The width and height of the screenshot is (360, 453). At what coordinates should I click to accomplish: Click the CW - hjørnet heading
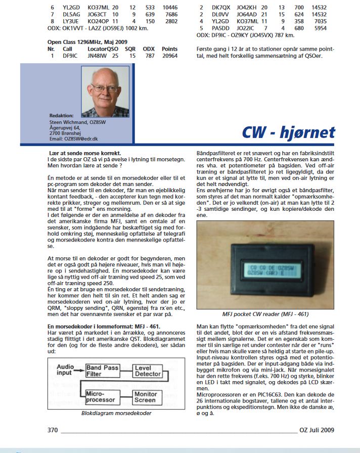[x=288, y=132]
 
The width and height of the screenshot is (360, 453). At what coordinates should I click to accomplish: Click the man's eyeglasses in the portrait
[x=105, y=88]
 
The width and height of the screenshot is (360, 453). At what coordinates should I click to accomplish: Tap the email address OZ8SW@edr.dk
[x=73, y=138]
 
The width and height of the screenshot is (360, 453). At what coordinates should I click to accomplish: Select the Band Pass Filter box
[x=102, y=371]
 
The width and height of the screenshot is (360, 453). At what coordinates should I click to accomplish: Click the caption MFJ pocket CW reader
[x=268, y=313]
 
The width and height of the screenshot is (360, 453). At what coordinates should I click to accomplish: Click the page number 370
[x=53, y=431]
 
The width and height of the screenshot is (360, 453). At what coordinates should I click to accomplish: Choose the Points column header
[x=169, y=49]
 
